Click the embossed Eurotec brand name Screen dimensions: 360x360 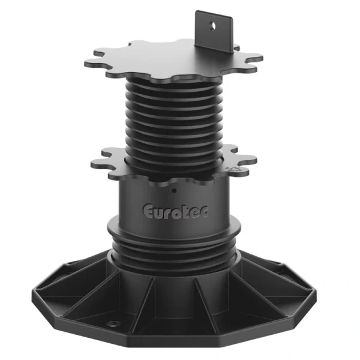pos(175,212)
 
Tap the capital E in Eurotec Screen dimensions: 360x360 pos(148,211)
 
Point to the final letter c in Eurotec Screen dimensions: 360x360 pos(204,211)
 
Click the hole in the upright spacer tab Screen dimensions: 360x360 pos(212,26)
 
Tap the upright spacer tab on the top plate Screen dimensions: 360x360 pos(214,32)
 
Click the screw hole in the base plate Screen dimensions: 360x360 pos(113,324)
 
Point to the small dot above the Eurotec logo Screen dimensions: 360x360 pos(174,191)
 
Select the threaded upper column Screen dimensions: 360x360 pos(174,119)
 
